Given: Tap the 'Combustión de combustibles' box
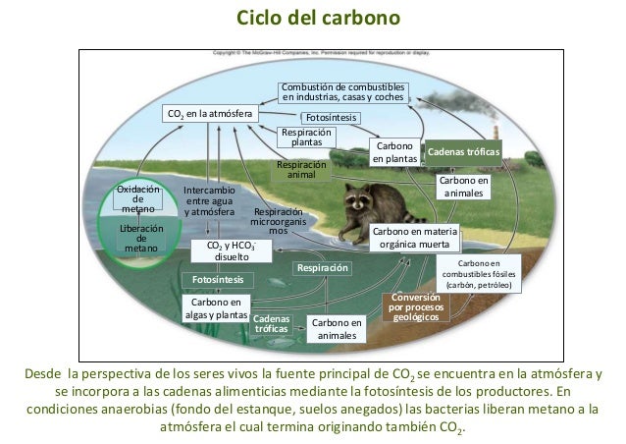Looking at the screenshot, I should (343, 92).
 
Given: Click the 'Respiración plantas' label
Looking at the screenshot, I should (300, 137).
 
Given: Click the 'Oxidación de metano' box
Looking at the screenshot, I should (138, 197).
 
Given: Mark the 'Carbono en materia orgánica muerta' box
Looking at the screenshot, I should (412, 237).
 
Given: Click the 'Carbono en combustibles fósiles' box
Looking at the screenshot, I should (479, 273).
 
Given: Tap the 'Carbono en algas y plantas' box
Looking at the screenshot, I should (216, 307).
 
